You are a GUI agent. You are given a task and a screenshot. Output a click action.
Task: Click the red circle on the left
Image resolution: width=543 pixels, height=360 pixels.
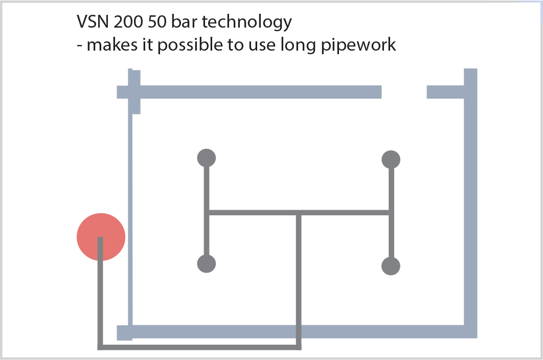[101, 237]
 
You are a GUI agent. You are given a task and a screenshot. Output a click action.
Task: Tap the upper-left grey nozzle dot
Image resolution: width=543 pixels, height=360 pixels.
[207, 157]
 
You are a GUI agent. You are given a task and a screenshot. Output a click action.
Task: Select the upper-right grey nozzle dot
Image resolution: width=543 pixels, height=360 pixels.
[391, 160]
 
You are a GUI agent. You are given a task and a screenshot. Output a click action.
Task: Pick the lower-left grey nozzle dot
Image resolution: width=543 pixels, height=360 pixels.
[207, 264]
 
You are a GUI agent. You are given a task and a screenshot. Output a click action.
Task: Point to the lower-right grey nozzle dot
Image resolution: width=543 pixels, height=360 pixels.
[391, 266]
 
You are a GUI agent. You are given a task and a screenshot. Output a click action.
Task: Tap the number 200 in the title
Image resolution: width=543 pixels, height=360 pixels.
[126, 22]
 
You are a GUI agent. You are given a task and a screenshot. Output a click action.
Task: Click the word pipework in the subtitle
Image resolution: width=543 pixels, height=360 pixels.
[365, 46]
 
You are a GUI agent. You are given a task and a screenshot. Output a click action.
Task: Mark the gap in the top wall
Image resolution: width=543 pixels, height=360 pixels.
[404, 92]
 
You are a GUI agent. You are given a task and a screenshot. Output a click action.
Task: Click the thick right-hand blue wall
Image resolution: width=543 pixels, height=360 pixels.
[471, 205]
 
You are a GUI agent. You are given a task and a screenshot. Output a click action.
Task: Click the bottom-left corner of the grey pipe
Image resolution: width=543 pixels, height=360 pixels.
[100, 347]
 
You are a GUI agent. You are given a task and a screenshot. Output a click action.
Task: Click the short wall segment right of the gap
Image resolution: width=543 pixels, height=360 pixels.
[445, 92]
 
